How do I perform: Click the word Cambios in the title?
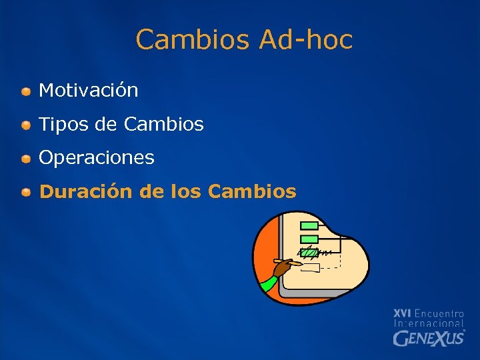[193, 40]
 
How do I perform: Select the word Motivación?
[89, 90]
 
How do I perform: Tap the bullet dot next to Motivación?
[25, 91]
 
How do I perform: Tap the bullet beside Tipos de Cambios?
[25, 125]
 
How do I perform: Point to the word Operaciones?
[97, 158]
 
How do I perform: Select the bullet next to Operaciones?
[25, 159]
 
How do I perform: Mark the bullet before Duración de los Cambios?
[25, 193]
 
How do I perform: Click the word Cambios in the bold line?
[252, 192]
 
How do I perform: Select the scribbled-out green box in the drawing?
[310, 252]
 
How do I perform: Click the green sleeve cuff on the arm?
[267, 283]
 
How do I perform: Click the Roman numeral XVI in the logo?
[402, 313]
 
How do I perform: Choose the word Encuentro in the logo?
[439, 313]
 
